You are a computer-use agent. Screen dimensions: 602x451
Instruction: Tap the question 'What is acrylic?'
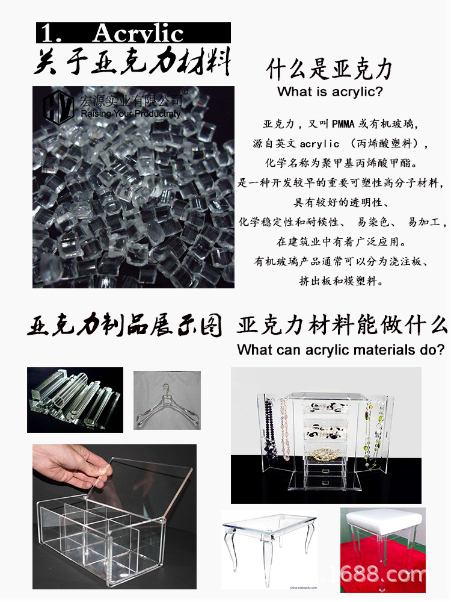[330, 92]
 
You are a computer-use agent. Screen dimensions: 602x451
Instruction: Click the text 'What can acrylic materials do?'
[341, 350]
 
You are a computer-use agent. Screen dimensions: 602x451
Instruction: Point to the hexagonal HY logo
[58, 107]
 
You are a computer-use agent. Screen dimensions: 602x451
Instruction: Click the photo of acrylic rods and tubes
[75, 400]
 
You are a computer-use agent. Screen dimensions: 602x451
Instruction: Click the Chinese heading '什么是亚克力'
[329, 70]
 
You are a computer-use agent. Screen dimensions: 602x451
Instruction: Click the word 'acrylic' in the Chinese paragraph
[319, 144]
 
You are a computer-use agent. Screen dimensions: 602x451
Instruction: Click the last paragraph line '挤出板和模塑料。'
[340, 281]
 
